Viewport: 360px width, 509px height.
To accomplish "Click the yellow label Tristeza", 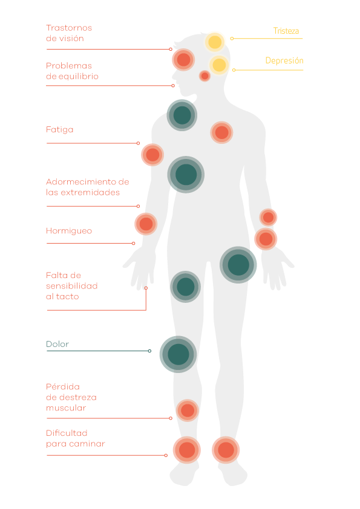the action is (286, 31).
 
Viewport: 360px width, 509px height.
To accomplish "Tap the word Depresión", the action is (284, 60).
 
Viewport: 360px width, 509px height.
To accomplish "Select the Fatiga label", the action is (59, 130).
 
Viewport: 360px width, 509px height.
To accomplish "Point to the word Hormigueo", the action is (69, 231).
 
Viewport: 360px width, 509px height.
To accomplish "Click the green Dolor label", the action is (57, 344).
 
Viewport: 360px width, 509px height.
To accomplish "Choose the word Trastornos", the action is (69, 28).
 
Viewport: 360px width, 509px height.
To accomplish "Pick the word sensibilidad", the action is (72, 286).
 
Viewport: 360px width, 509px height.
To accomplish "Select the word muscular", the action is (66, 408).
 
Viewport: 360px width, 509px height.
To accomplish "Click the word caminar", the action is (90, 444).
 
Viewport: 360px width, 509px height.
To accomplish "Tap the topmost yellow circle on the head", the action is (215, 42).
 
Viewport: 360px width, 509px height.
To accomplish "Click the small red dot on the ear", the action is (205, 76).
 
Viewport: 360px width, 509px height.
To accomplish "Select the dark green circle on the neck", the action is (182, 115).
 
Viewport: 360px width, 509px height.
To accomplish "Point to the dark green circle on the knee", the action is (178, 354).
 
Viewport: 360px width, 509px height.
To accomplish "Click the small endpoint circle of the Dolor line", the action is (149, 351).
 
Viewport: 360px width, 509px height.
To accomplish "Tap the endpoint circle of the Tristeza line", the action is (232, 38).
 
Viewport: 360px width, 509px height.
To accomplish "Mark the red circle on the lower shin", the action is (188, 410).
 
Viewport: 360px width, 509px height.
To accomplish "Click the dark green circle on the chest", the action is (186, 175).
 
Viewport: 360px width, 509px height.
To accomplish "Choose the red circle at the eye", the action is (183, 60).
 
